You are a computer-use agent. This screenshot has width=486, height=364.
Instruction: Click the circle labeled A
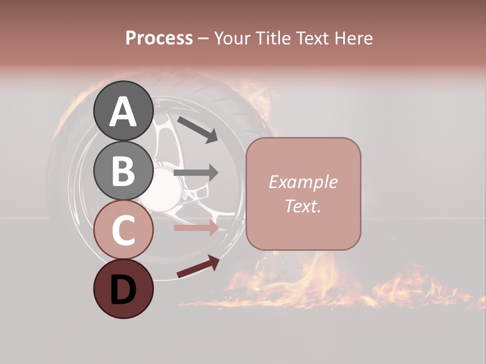click(x=123, y=111)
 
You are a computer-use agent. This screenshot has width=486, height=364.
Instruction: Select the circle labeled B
click(x=123, y=170)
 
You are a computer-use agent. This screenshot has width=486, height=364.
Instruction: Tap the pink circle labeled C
click(x=123, y=230)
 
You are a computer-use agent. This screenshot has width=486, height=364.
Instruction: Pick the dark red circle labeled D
click(x=123, y=289)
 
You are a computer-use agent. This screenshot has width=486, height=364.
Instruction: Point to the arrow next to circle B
click(x=196, y=173)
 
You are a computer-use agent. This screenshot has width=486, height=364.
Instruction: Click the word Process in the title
click(x=159, y=38)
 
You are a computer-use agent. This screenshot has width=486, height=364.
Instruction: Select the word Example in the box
click(x=303, y=182)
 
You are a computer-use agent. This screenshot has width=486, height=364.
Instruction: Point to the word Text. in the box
click(x=303, y=206)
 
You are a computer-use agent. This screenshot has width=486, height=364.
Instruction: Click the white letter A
click(x=123, y=112)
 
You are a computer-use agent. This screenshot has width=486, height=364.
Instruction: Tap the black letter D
click(x=123, y=290)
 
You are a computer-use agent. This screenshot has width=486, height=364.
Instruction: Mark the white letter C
click(x=123, y=231)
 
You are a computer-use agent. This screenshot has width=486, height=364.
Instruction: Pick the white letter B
click(x=123, y=171)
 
